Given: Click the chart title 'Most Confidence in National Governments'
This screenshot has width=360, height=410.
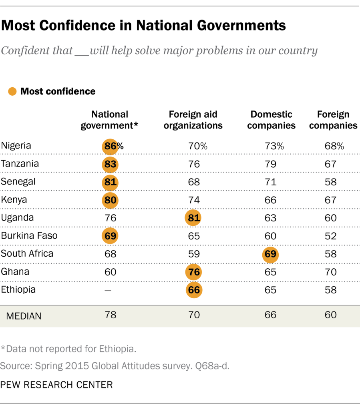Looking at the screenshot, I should [x=143, y=26].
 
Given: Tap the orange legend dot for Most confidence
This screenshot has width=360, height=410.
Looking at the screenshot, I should [x=12, y=91].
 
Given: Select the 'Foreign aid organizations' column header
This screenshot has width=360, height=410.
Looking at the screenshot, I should [x=193, y=120].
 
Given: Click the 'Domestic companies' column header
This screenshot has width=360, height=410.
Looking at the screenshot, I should [x=271, y=120].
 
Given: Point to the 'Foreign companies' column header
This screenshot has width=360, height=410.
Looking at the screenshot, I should [x=333, y=120].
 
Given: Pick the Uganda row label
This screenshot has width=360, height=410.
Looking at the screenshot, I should [x=17, y=218].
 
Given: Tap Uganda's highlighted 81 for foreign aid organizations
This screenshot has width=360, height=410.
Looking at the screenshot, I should [x=194, y=218].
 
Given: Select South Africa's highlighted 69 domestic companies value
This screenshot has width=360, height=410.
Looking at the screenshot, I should [x=271, y=254].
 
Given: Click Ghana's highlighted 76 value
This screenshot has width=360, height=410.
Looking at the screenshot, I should [x=194, y=272].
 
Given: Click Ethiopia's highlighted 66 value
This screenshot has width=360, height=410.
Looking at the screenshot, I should [x=194, y=290].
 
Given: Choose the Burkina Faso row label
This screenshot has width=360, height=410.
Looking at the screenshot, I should [x=29, y=236].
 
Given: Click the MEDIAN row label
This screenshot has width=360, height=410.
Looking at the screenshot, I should [x=24, y=316].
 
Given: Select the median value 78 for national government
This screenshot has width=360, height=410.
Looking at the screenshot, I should [x=110, y=315].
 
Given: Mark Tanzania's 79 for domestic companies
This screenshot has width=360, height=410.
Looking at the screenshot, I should [x=271, y=164].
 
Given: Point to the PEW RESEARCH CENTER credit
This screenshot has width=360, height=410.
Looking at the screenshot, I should [x=56, y=385].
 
